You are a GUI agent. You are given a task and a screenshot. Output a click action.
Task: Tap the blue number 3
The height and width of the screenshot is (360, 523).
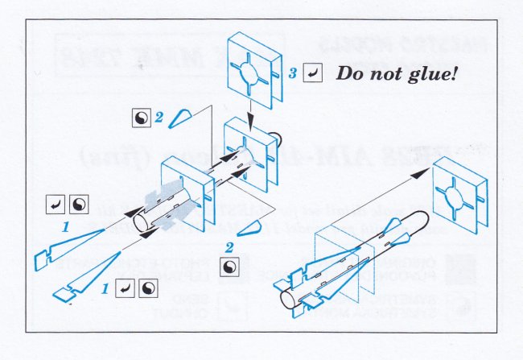click(x=294, y=74)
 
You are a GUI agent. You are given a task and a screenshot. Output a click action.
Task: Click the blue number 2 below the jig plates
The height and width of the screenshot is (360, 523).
click(x=230, y=247)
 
